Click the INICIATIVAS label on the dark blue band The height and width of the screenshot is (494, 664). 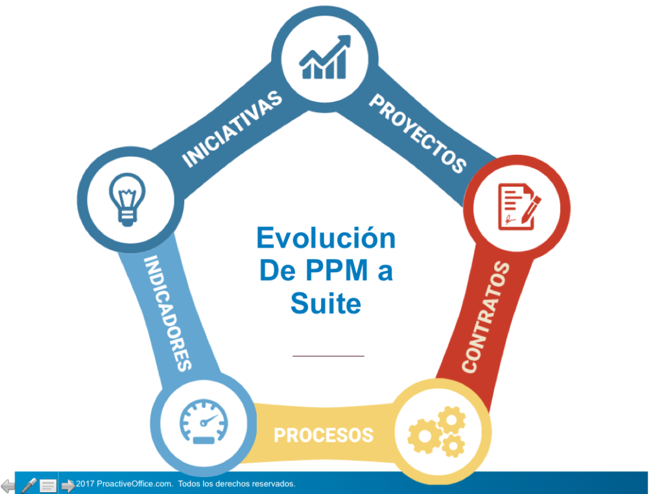231,129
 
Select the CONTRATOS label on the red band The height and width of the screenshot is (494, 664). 486,318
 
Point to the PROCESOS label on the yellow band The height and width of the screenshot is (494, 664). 324,435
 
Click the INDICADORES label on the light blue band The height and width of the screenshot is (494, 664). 168,313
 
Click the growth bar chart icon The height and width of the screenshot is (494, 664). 326,56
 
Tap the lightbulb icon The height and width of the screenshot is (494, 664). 127,200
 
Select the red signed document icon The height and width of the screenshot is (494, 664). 519,207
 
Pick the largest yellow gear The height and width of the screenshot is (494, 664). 425,436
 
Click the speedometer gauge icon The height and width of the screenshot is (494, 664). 204,421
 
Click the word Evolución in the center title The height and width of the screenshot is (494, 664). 326,238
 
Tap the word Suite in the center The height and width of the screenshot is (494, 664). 326,303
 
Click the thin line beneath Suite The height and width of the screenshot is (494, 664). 329,356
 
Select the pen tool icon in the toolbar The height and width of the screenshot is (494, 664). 29,486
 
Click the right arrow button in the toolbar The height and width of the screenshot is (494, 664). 67,486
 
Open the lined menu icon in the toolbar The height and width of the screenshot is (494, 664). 48,486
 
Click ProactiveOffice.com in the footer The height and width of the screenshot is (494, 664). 135,484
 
